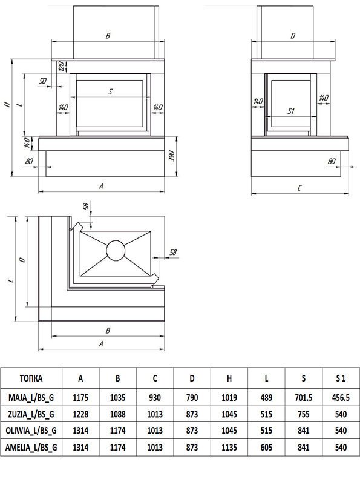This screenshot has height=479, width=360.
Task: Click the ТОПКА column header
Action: (31, 378)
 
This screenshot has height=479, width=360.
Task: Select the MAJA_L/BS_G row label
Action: (31, 397)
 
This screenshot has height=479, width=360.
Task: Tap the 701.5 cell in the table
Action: (304, 397)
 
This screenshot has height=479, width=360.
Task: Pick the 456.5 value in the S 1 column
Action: (341, 397)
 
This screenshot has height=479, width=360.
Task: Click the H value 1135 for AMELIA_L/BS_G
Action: (229, 448)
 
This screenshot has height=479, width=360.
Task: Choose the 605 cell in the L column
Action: (266, 448)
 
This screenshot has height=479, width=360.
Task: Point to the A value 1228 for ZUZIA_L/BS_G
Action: (80, 414)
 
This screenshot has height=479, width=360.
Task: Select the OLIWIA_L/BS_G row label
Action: (31, 431)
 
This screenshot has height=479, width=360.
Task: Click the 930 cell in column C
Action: (155, 397)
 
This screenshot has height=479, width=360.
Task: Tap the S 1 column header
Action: (341, 378)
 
